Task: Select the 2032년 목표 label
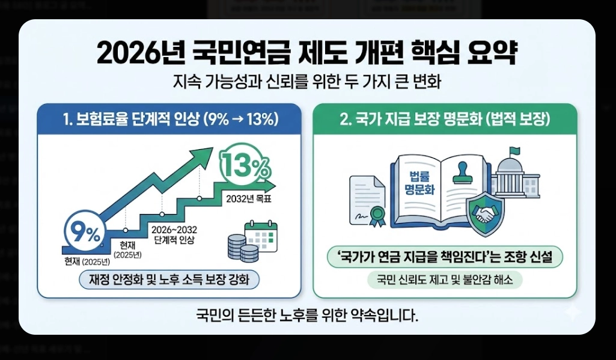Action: pyautogui.click(x=248, y=200)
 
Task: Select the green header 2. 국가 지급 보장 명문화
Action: pyautogui.click(x=445, y=119)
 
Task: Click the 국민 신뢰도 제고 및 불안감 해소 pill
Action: pyautogui.click(x=445, y=280)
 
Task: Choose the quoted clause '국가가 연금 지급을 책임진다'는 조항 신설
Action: pyautogui.click(x=445, y=258)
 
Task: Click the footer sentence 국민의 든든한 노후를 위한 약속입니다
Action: pyautogui.click(x=306, y=314)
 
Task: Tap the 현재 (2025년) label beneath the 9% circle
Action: pyautogui.click(x=87, y=261)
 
